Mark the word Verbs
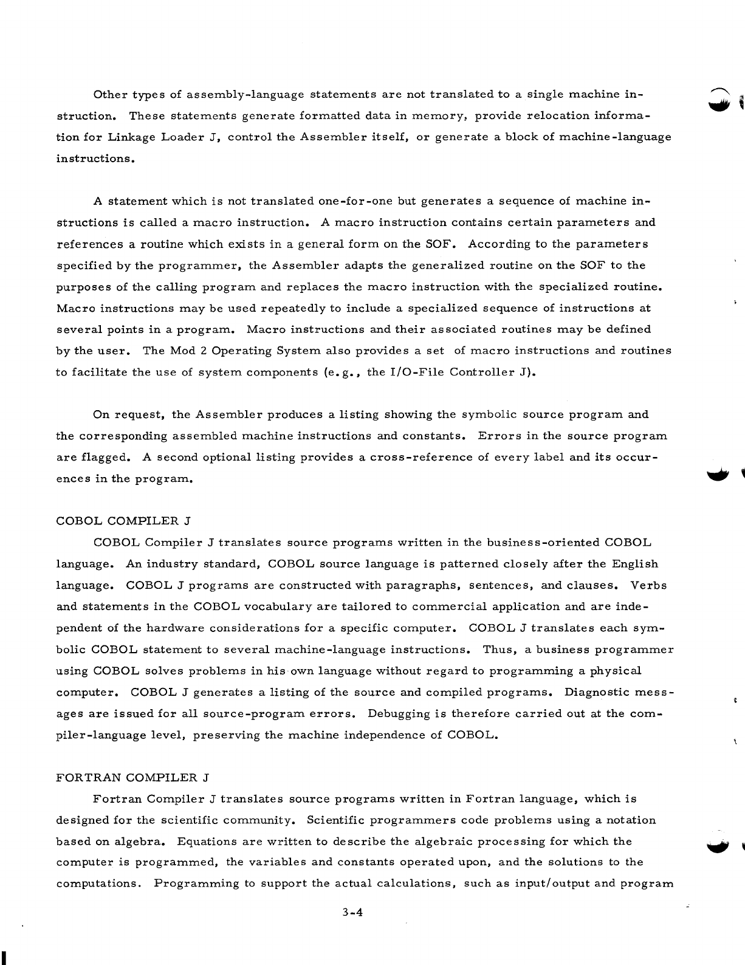[648, 585]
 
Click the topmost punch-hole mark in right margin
[720, 97]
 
